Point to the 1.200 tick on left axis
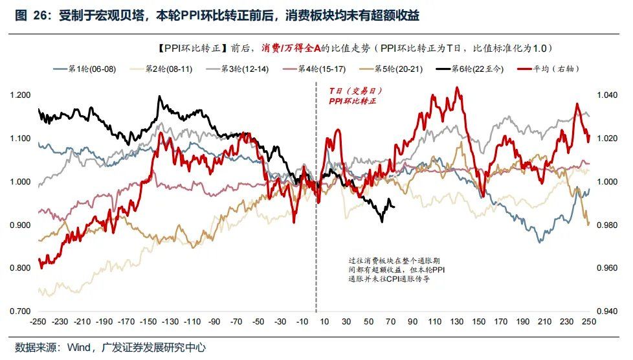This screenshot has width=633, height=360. pyautogui.click(x=21, y=95)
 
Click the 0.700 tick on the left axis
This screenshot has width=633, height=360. pyautogui.click(x=21, y=311)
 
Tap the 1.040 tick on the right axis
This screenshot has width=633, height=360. pyautogui.click(x=608, y=95)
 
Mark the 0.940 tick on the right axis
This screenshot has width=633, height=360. pyautogui.click(x=608, y=311)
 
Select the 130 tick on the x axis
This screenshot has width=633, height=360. pyautogui.click(x=458, y=322)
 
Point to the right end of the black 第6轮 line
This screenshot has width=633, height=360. pyautogui.click(x=394, y=207)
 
